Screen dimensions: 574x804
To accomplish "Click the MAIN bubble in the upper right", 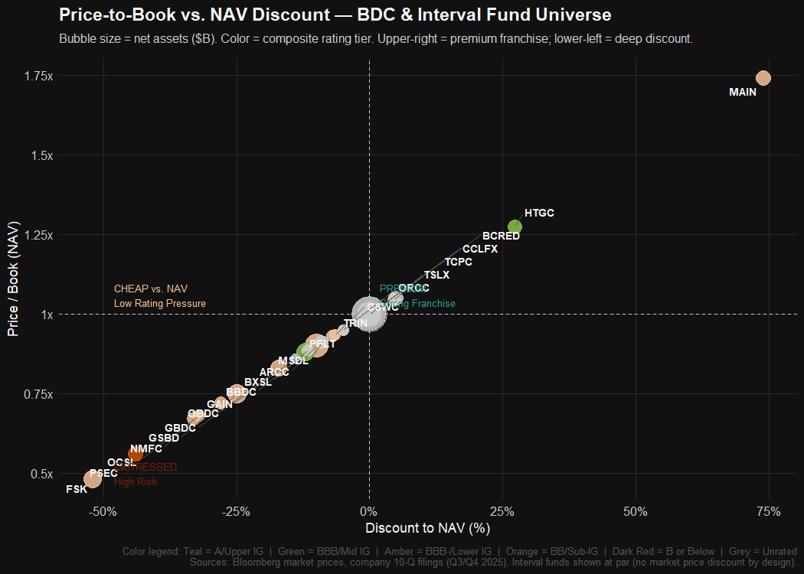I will (x=763, y=78).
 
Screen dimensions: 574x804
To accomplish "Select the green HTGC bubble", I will (x=515, y=227).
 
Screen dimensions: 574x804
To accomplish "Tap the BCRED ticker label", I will (x=501, y=236).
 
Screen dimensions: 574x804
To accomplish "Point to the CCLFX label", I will (x=480, y=249).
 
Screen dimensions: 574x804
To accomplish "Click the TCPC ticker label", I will (x=459, y=262).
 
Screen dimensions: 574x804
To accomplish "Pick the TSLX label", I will (x=436, y=275).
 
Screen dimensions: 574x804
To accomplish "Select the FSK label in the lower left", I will (x=77, y=489).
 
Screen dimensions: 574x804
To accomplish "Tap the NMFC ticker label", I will (x=145, y=449).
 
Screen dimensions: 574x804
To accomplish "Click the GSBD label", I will (x=164, y=438).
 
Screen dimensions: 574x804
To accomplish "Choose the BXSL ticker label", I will (x=257, y=382).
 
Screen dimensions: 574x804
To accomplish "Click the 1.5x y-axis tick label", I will (x=38, y=155).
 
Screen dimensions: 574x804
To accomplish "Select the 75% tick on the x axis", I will (x=768, y=511).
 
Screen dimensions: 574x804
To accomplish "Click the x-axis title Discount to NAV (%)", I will (x=427, y=528).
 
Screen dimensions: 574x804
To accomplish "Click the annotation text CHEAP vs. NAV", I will (x=150, y=289).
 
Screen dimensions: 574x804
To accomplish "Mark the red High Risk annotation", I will (x=136, y=481).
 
